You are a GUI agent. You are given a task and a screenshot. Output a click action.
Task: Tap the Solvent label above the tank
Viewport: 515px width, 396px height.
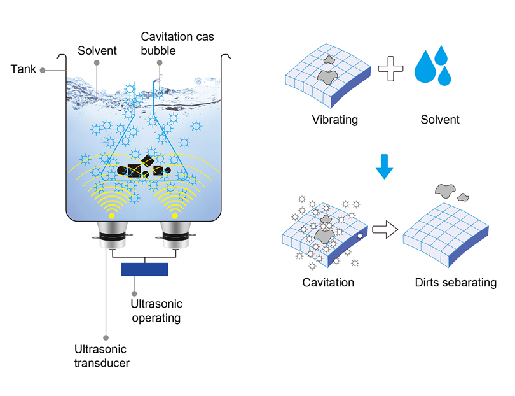coord(96,50)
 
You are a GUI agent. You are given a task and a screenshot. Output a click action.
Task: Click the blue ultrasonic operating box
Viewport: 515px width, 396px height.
coord(145,269)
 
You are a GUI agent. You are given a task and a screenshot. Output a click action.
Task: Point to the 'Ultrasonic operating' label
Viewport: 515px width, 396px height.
coord(156,311)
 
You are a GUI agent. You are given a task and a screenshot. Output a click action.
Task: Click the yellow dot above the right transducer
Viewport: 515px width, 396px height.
coord(175,215)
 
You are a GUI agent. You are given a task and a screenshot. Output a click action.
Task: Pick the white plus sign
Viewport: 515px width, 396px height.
coord(390,68)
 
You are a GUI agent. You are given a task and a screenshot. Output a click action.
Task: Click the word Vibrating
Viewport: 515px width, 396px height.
coord(335,119)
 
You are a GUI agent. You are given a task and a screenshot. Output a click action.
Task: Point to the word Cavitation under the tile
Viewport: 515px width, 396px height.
coord(328,281)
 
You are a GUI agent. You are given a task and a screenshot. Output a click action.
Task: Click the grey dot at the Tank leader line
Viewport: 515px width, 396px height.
coord(43,68)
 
